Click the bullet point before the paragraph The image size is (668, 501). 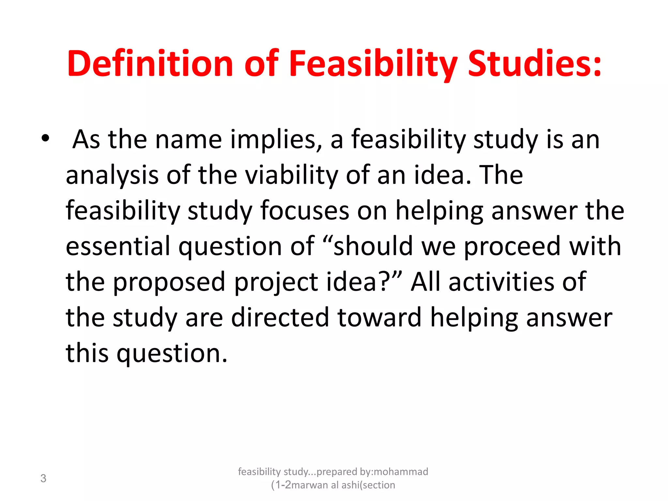tap(45, 139)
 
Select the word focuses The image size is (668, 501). tap(305, 211)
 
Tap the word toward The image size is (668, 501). tap(380, 318)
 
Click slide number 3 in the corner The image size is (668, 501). tap(43, 478)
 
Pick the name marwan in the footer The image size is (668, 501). tap(310, 485)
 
